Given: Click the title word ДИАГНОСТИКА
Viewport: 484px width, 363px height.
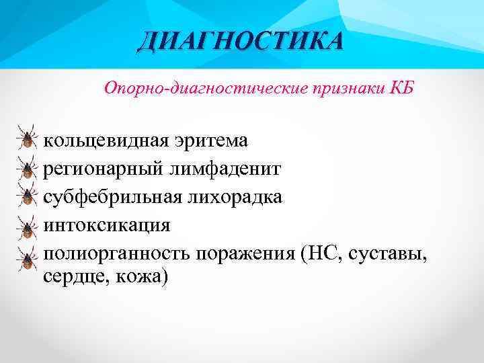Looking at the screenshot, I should (x=240, y=41).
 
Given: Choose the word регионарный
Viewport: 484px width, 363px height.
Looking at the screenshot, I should (x=99, y=169).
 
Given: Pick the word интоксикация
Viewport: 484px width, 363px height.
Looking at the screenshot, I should (x=107, y=224).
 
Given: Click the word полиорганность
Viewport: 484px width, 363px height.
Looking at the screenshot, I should (x=118, y=253).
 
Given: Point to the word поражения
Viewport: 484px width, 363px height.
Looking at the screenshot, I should (x=247, y=253).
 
